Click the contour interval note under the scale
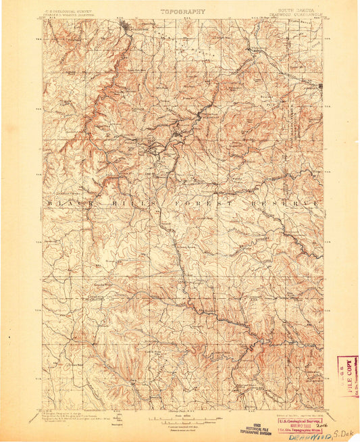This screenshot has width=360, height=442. pos(180,425)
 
